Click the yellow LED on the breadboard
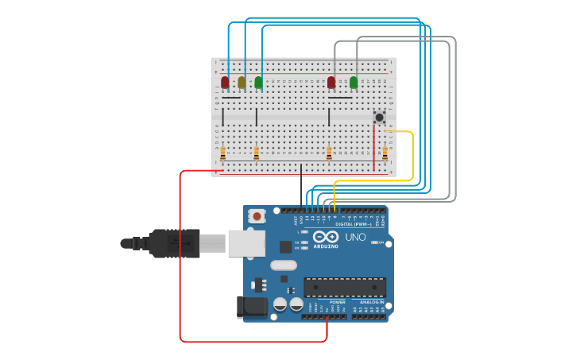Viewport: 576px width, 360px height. [242, 81]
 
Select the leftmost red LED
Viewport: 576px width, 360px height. [225, 82]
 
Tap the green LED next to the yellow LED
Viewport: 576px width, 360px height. [258, 82]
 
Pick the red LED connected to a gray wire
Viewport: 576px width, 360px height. [331, 82]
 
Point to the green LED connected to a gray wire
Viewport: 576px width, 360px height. [354, 82]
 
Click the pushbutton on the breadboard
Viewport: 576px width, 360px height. [379, 117]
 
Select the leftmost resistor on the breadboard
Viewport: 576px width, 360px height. [222, 153]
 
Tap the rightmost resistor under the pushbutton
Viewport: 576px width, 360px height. [385, 153]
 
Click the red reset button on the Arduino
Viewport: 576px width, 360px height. [257, 215]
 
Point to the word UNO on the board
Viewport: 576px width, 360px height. [355, 237]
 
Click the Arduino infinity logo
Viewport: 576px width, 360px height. [326, 237]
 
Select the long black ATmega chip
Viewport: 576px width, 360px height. [345, 287]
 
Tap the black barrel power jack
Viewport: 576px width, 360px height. [251, 307]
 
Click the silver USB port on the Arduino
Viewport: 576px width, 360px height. [246, 243]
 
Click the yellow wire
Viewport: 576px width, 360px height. [412, 159]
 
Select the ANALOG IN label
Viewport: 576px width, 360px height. [370, 302]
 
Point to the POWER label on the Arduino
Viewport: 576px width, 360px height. [338, 302]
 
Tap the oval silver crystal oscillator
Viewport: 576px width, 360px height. [283, 265]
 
